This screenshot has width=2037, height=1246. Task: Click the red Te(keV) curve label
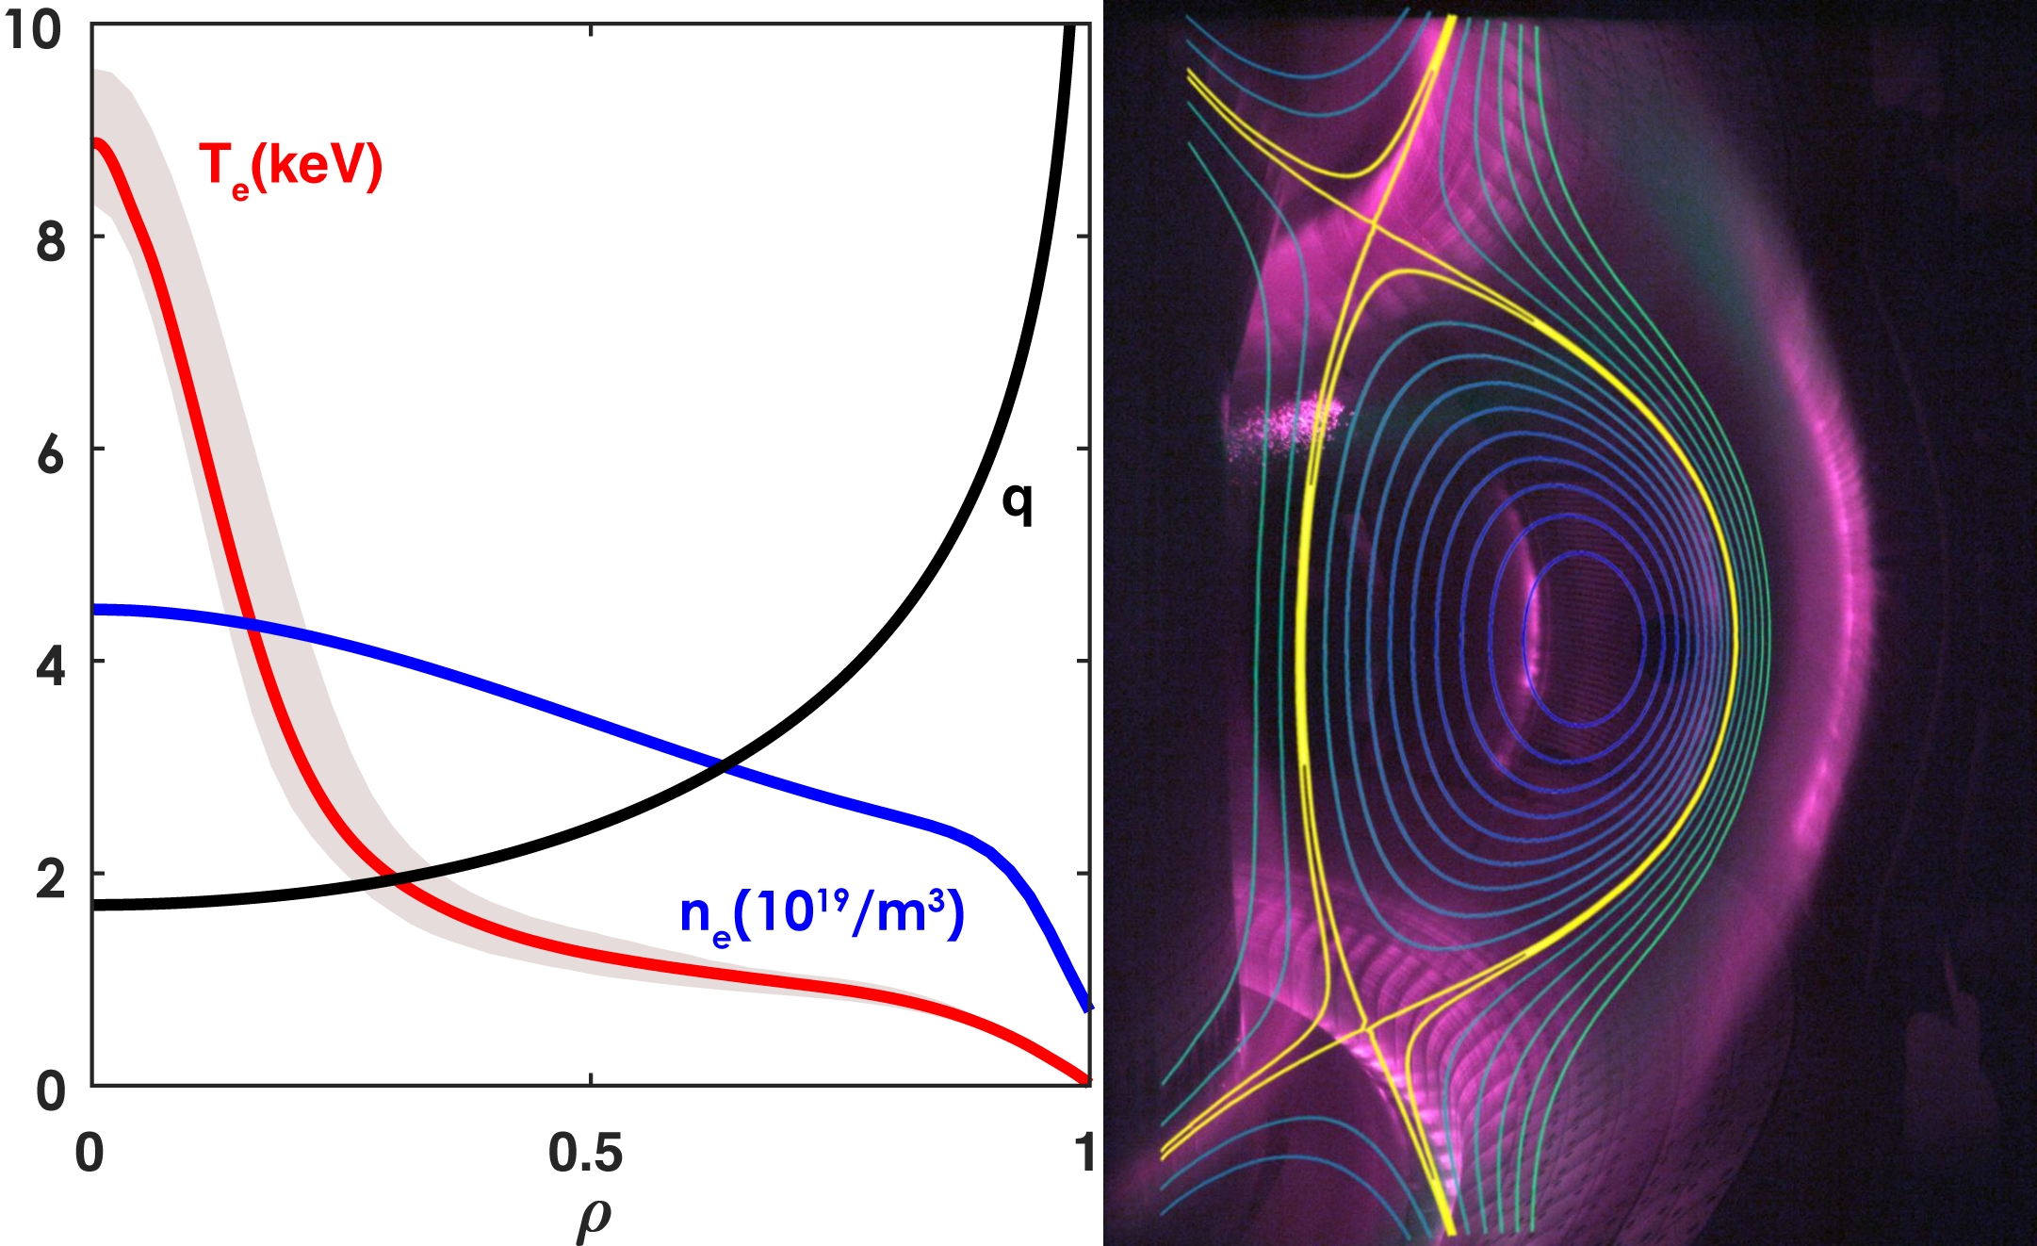point(290,168)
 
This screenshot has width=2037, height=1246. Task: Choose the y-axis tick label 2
point(51,878)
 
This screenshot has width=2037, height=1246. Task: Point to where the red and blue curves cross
point(250,622)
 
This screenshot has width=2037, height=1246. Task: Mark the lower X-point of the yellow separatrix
point(1364,1025)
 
